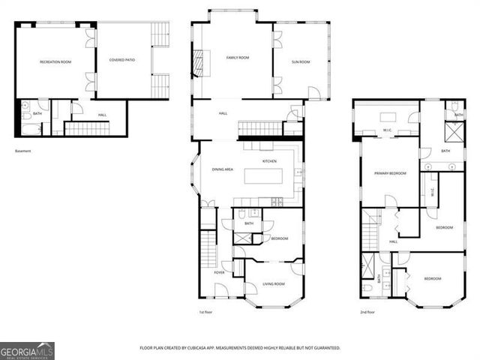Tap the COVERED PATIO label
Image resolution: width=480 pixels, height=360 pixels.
click(x=121, y=59)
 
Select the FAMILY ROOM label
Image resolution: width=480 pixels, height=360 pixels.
click(x=238, y=58)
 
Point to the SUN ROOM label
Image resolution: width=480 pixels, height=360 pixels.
click(x=300, y=62)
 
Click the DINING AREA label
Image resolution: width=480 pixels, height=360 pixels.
click(x=223, y=169)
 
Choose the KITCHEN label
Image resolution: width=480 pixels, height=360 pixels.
click(x=269, y=161)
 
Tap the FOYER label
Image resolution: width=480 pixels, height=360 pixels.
click(x=219, y=272)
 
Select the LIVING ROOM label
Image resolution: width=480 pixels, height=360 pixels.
click(x=274, y=283)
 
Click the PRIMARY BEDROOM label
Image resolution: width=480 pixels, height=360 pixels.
click(x=390, y=173)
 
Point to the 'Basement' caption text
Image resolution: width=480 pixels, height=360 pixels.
click(x=23, y=151)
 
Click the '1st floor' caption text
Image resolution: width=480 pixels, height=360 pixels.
click(x=206, y=312)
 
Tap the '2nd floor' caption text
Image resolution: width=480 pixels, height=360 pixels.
click(x=367, y=312)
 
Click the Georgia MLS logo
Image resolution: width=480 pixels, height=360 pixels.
click(x=27, y=350)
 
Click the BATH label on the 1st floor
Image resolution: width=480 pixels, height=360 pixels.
click(x=248, y=223)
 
